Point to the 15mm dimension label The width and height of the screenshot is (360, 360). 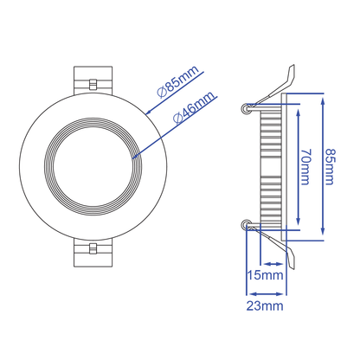click(x=265, y=276)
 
